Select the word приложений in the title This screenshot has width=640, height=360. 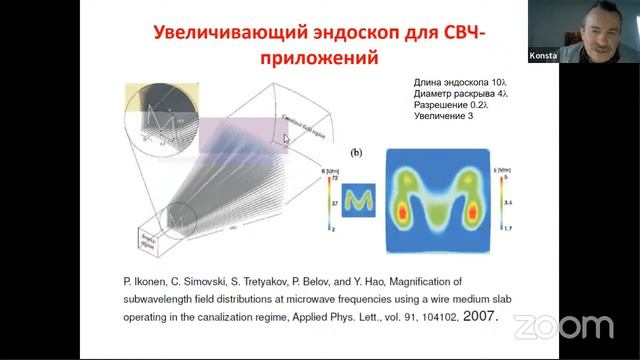317,58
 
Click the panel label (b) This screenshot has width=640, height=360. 356,154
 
